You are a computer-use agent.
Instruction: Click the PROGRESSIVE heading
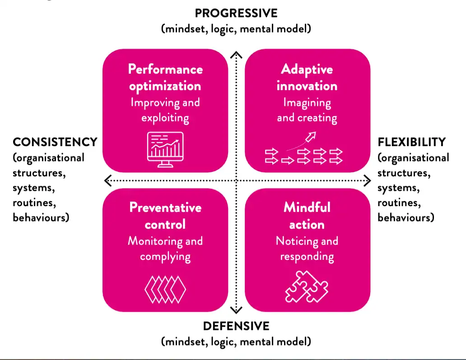(236, 12)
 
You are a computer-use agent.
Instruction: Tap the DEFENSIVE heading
(236, 326)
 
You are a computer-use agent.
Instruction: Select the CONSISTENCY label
(55, 142)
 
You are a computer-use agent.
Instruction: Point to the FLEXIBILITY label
(411, 142)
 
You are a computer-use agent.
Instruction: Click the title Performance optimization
(165, 77)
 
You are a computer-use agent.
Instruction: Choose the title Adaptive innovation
(307, 77)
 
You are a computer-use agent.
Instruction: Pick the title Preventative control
(165, 216)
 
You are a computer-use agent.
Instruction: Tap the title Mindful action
(307, 216)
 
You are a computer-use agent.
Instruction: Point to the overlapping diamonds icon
(165, 289)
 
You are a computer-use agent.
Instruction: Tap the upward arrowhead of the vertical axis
(236, 55)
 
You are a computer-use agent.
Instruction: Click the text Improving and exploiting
(165, 110)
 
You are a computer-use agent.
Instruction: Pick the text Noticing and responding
(307, 249)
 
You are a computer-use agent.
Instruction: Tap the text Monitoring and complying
(165, 249)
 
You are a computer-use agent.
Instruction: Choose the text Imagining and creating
(307, 110)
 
